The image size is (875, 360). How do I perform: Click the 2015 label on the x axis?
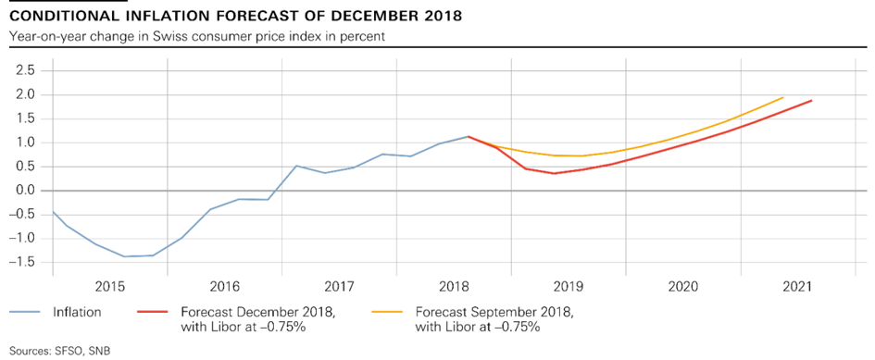tap(109, 287)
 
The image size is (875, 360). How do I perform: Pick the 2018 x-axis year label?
tap(454, 287)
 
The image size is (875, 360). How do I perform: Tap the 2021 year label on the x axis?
tap(797, 287)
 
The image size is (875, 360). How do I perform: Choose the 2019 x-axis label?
tap(569, 287)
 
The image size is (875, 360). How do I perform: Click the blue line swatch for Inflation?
tap(25, 313)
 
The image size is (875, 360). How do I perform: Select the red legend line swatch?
tap(153, 313)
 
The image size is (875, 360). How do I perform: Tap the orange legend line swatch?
tap(387, 313)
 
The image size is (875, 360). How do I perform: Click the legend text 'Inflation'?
tap(77, 313)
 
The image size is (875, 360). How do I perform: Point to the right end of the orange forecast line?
tap(783, 98)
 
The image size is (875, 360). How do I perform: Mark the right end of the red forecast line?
tap(811, 101)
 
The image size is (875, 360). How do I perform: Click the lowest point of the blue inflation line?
tap(124, 256)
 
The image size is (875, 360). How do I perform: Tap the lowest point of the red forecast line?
tap(554, 174)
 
